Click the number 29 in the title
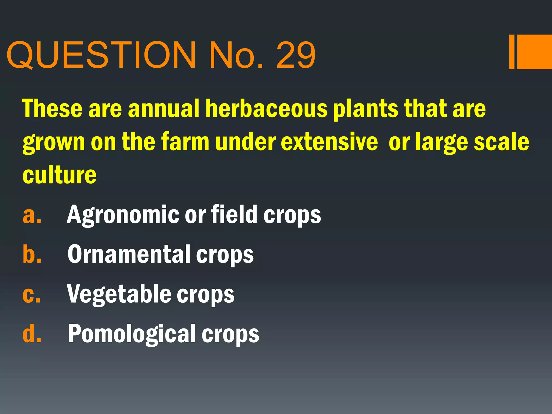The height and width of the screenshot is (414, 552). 295,55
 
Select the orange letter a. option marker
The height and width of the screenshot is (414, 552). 32,215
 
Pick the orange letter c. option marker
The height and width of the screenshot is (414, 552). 32,294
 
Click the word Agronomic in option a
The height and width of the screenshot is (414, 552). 123,215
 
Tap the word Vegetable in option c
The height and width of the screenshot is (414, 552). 119,294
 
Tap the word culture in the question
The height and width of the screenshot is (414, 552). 59,175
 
